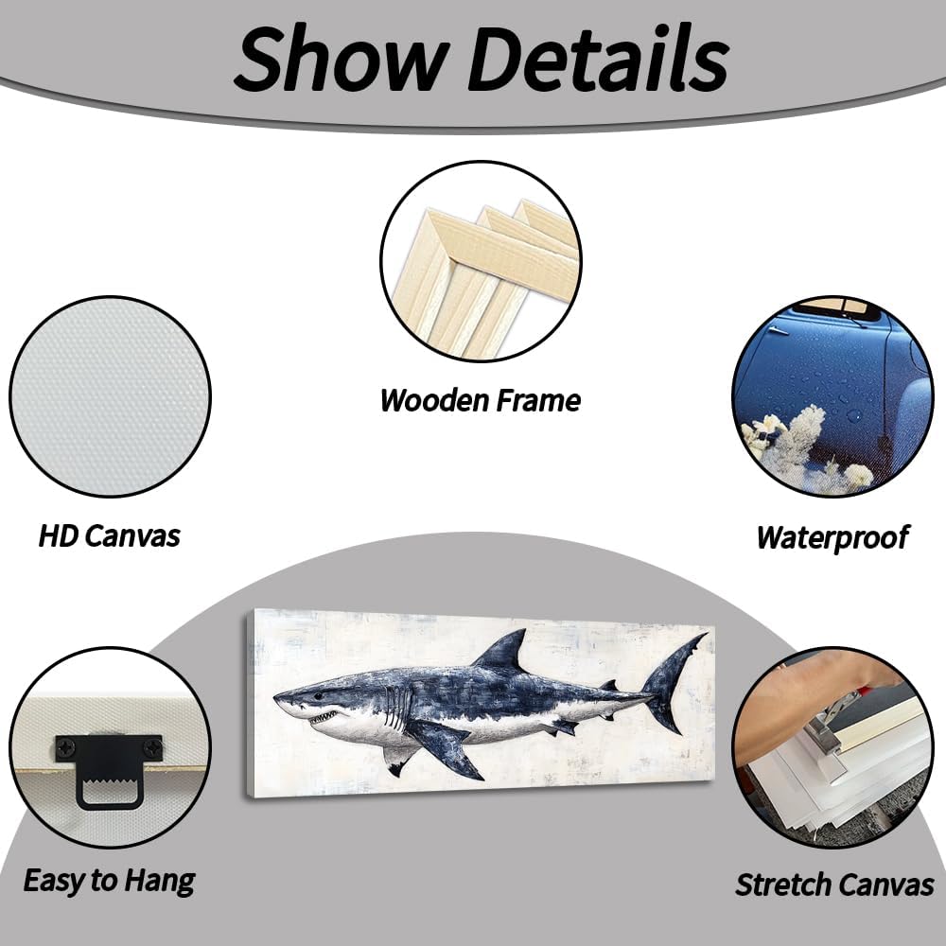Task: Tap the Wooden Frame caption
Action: point(480,400)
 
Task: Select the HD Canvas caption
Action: point(109,536)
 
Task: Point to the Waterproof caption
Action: point(832,537)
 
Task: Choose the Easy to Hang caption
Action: point(109,881)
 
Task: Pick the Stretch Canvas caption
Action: point(834,885)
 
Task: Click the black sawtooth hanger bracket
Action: point(109,771)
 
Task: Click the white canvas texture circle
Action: point(109,397)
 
